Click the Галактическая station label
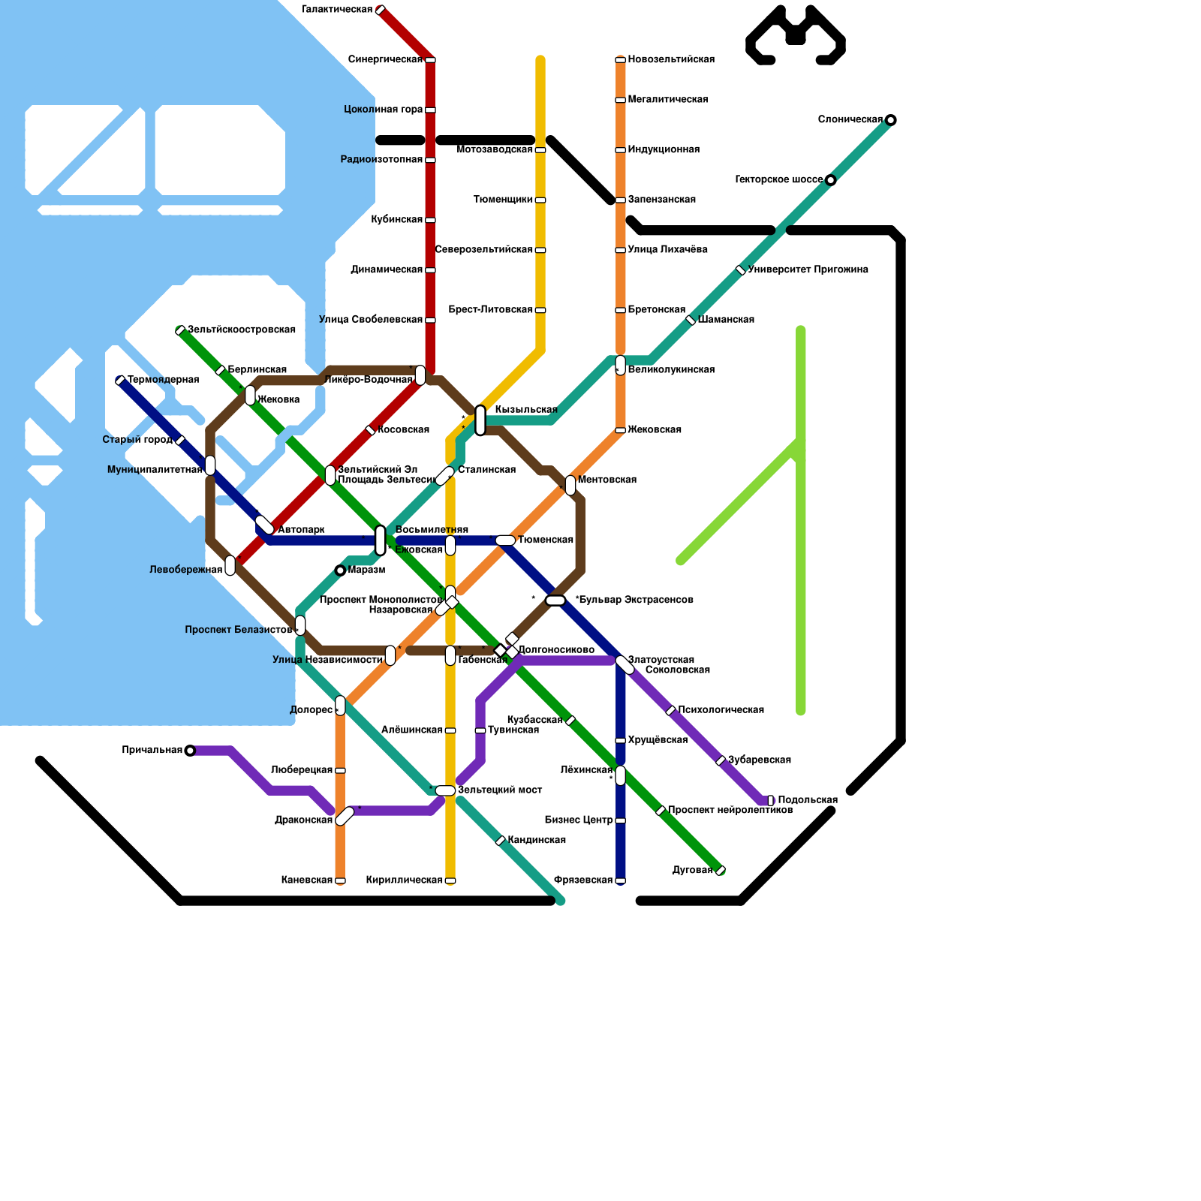coord(337,10)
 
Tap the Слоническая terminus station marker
coord(890,120)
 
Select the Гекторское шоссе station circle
coord(830,180)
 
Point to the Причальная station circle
coord(190,751)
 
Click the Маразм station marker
coord(340,570)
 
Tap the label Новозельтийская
coord(671,60)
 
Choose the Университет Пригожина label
coord(808,270)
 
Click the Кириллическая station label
coord(405,880)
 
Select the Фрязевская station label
coord(583,880)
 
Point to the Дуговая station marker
coord(721,871)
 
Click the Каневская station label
coord(307,880)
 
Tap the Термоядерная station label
coord(163,380)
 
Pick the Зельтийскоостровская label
coord(241,330)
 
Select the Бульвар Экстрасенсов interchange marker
coord(555,600)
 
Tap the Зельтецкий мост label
coord(500,790)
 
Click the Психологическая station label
coord(721,710)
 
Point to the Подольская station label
coord(808,800)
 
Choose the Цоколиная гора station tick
coord(430,110)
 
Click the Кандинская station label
coord(537,841)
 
